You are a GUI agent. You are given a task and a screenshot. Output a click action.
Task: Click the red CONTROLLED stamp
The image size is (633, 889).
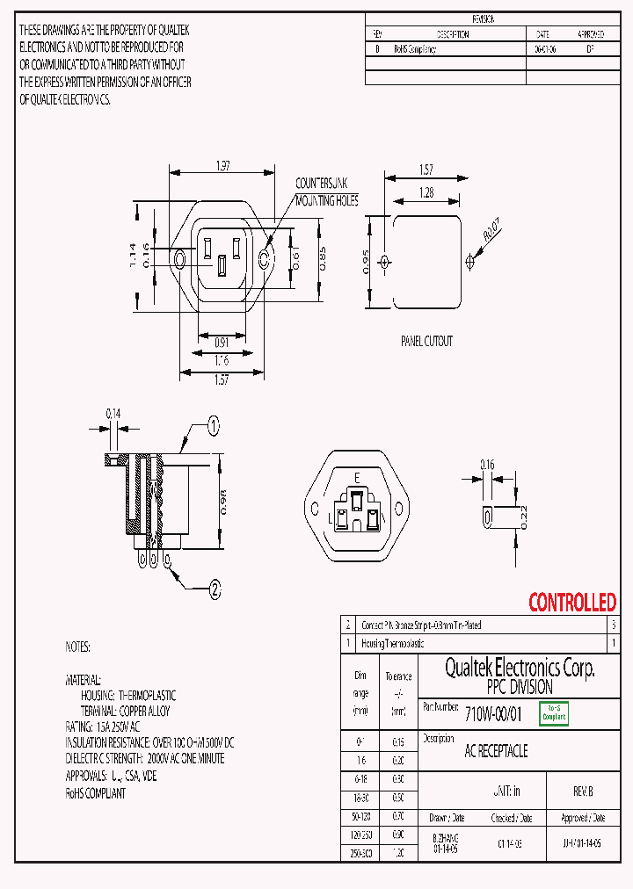572,603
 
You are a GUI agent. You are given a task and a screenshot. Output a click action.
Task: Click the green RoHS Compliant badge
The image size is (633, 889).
554,713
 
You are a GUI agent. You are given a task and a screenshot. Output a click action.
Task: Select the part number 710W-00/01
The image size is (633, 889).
493,714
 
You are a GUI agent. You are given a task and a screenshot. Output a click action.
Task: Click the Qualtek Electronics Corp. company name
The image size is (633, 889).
520,669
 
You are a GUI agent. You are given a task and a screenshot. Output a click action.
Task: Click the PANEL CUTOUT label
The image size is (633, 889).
426,341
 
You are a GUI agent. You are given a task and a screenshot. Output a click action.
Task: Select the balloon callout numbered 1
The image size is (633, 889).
213,428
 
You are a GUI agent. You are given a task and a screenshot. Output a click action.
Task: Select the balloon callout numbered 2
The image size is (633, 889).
214,590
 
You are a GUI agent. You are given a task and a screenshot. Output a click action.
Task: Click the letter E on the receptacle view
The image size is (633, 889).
356,477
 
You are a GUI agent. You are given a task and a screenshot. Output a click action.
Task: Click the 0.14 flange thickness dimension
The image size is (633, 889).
113,412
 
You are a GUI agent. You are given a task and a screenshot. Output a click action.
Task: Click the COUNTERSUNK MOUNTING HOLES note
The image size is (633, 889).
326,192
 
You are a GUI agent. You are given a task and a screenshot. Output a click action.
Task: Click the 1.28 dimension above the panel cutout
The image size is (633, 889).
426,192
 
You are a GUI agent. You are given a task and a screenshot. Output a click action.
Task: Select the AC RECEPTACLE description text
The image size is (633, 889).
496,752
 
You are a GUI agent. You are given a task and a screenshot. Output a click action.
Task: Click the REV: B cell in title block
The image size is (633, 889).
583,791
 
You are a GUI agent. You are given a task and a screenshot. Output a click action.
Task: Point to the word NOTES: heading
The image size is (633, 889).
77,647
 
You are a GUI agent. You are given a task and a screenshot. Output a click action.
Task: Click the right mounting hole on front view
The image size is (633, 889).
264,260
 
